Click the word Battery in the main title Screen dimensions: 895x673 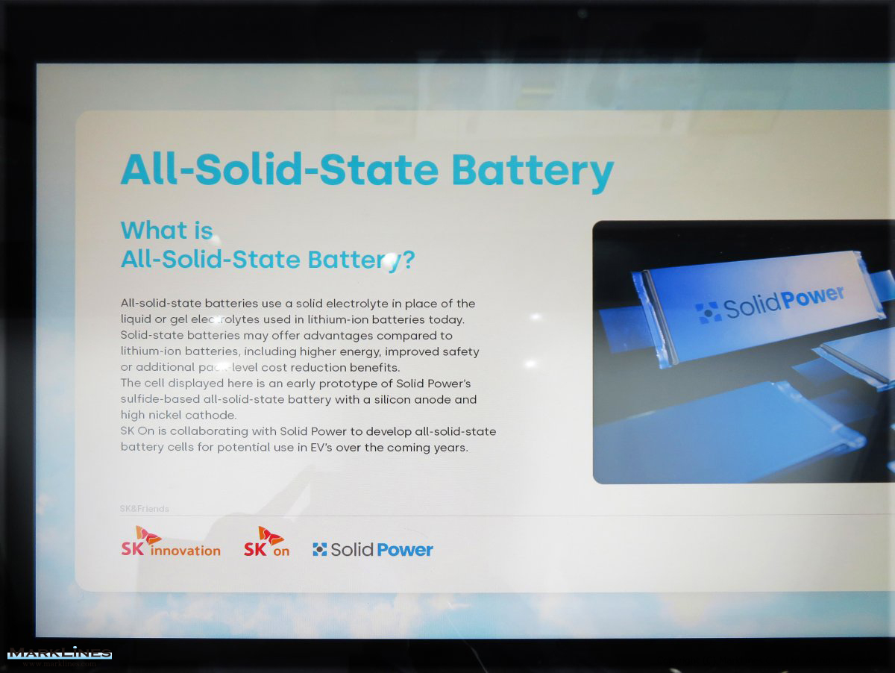coord(533,172)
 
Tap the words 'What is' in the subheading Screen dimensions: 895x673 coord(167,230)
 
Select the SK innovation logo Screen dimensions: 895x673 coord(171,541)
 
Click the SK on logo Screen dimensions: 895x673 coord(267,541)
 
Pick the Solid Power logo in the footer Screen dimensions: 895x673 coord(373,549)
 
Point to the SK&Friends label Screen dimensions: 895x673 coord(145,509)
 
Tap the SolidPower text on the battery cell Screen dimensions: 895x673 coord(770,303)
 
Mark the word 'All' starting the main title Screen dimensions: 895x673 coord(149,169)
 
